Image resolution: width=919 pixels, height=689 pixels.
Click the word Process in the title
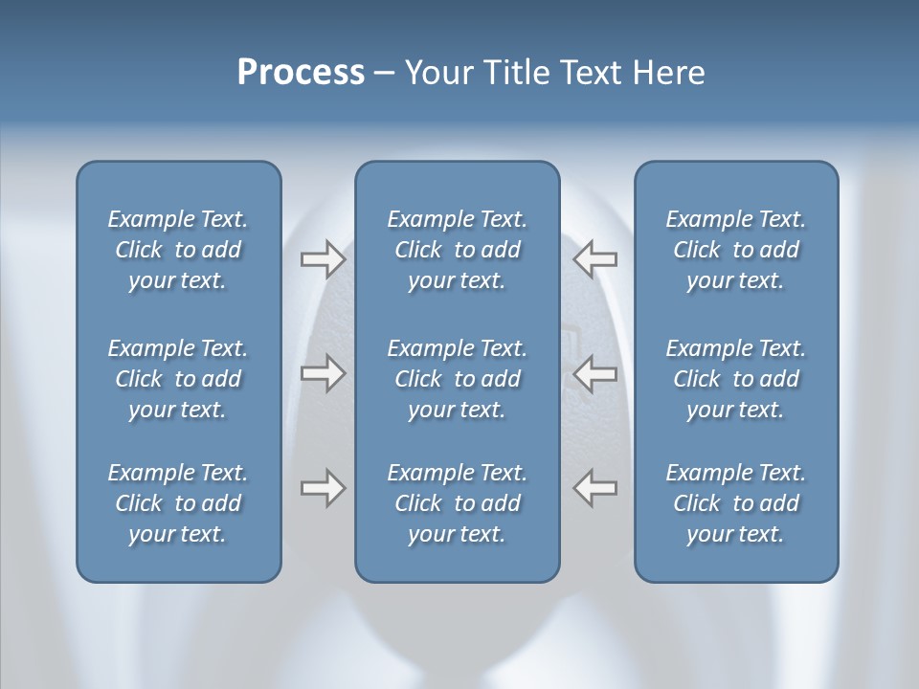pyautogui.click(x=301, y=73)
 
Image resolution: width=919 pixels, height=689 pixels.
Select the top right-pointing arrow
pyautogui.click(x=323, y=259)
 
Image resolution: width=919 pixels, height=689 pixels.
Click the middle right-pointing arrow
pyautogui.click(x=323, y=372)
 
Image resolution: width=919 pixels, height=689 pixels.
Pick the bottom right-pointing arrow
pyautogui.click(x=323, y=488)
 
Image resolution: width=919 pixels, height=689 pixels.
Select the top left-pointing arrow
pyautogui.click(x=595, y=259)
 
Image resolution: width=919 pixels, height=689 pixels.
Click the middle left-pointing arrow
pyautogui.click(x=595, y=372)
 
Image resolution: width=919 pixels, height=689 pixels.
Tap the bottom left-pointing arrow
pyautogui.click(x=595, y=488)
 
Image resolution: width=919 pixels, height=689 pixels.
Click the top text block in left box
pyautogui.click(x=178, y=250)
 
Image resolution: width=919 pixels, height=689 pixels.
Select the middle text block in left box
pyautogui.click(x=178, y=379)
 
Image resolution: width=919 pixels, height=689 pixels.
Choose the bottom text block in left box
pyautogui.click(x=178, y=503)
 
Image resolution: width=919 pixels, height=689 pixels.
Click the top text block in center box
pyautogui.click(x=457, y=250)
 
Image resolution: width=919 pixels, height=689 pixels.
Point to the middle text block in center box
pyautogui.click(x=457, y=379)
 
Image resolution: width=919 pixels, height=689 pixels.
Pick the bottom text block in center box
pyautogui.click(x=457, y=503)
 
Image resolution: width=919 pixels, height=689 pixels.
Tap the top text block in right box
pyautogui.click(x=735, y=250)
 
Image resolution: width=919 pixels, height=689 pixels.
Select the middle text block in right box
pyautogui.click(x=735, y=379)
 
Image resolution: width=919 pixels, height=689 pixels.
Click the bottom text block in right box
pyautogui.click(x=735, y=503)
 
